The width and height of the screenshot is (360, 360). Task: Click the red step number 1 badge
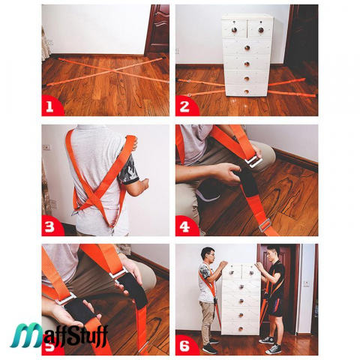click(51, 106)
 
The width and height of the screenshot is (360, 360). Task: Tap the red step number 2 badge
click(185, 106)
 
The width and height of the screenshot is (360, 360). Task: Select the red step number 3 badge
click(51, 226)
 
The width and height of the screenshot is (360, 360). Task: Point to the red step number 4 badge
click(185, 226)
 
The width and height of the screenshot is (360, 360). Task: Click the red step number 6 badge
click(185, 345)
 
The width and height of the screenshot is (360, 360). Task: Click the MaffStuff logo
click(59, 335)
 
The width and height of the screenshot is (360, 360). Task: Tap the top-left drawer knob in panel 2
click(234, 30)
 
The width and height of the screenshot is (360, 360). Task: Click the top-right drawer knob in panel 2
click(261, 30)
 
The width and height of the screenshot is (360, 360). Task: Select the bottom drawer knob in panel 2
click(247, 91)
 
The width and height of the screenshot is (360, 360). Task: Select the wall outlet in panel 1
click(51, 41)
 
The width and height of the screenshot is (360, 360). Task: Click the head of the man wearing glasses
click(208, 255)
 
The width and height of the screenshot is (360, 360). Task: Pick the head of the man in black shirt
click(272, 253)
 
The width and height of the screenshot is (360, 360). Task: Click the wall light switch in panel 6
click(307, 283)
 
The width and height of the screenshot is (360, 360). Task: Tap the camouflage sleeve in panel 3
click(128, 169)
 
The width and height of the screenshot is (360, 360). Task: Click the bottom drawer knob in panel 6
click(241, 328)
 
